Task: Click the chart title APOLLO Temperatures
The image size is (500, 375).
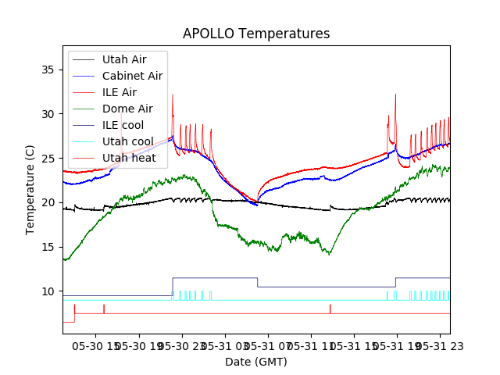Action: click(x=256, y=34)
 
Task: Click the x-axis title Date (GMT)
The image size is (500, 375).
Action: click(x=256, y=362)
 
